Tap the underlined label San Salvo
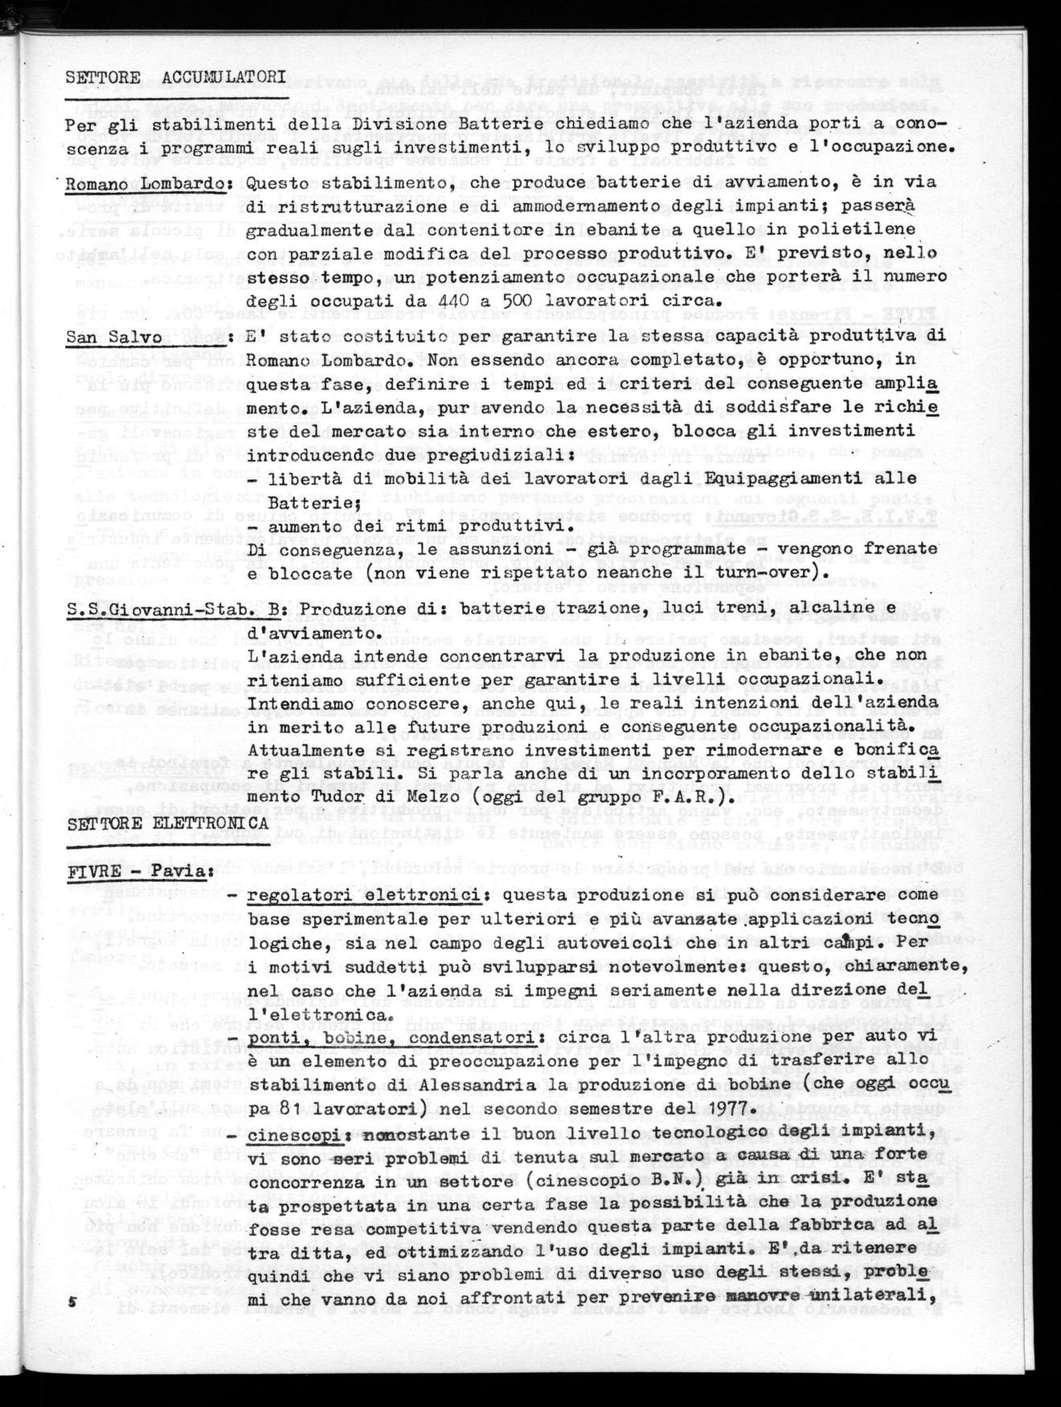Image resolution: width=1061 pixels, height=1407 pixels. [115, 337]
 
